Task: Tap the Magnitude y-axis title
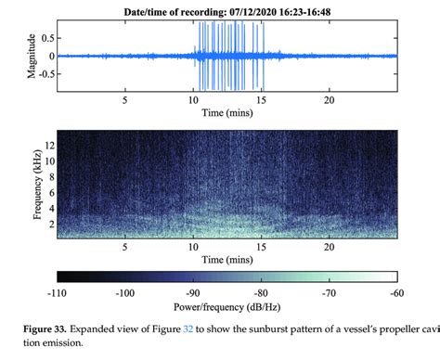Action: pos(34,55)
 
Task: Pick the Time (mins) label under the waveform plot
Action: pos(228,113)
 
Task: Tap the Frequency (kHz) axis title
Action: pos(33,182)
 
